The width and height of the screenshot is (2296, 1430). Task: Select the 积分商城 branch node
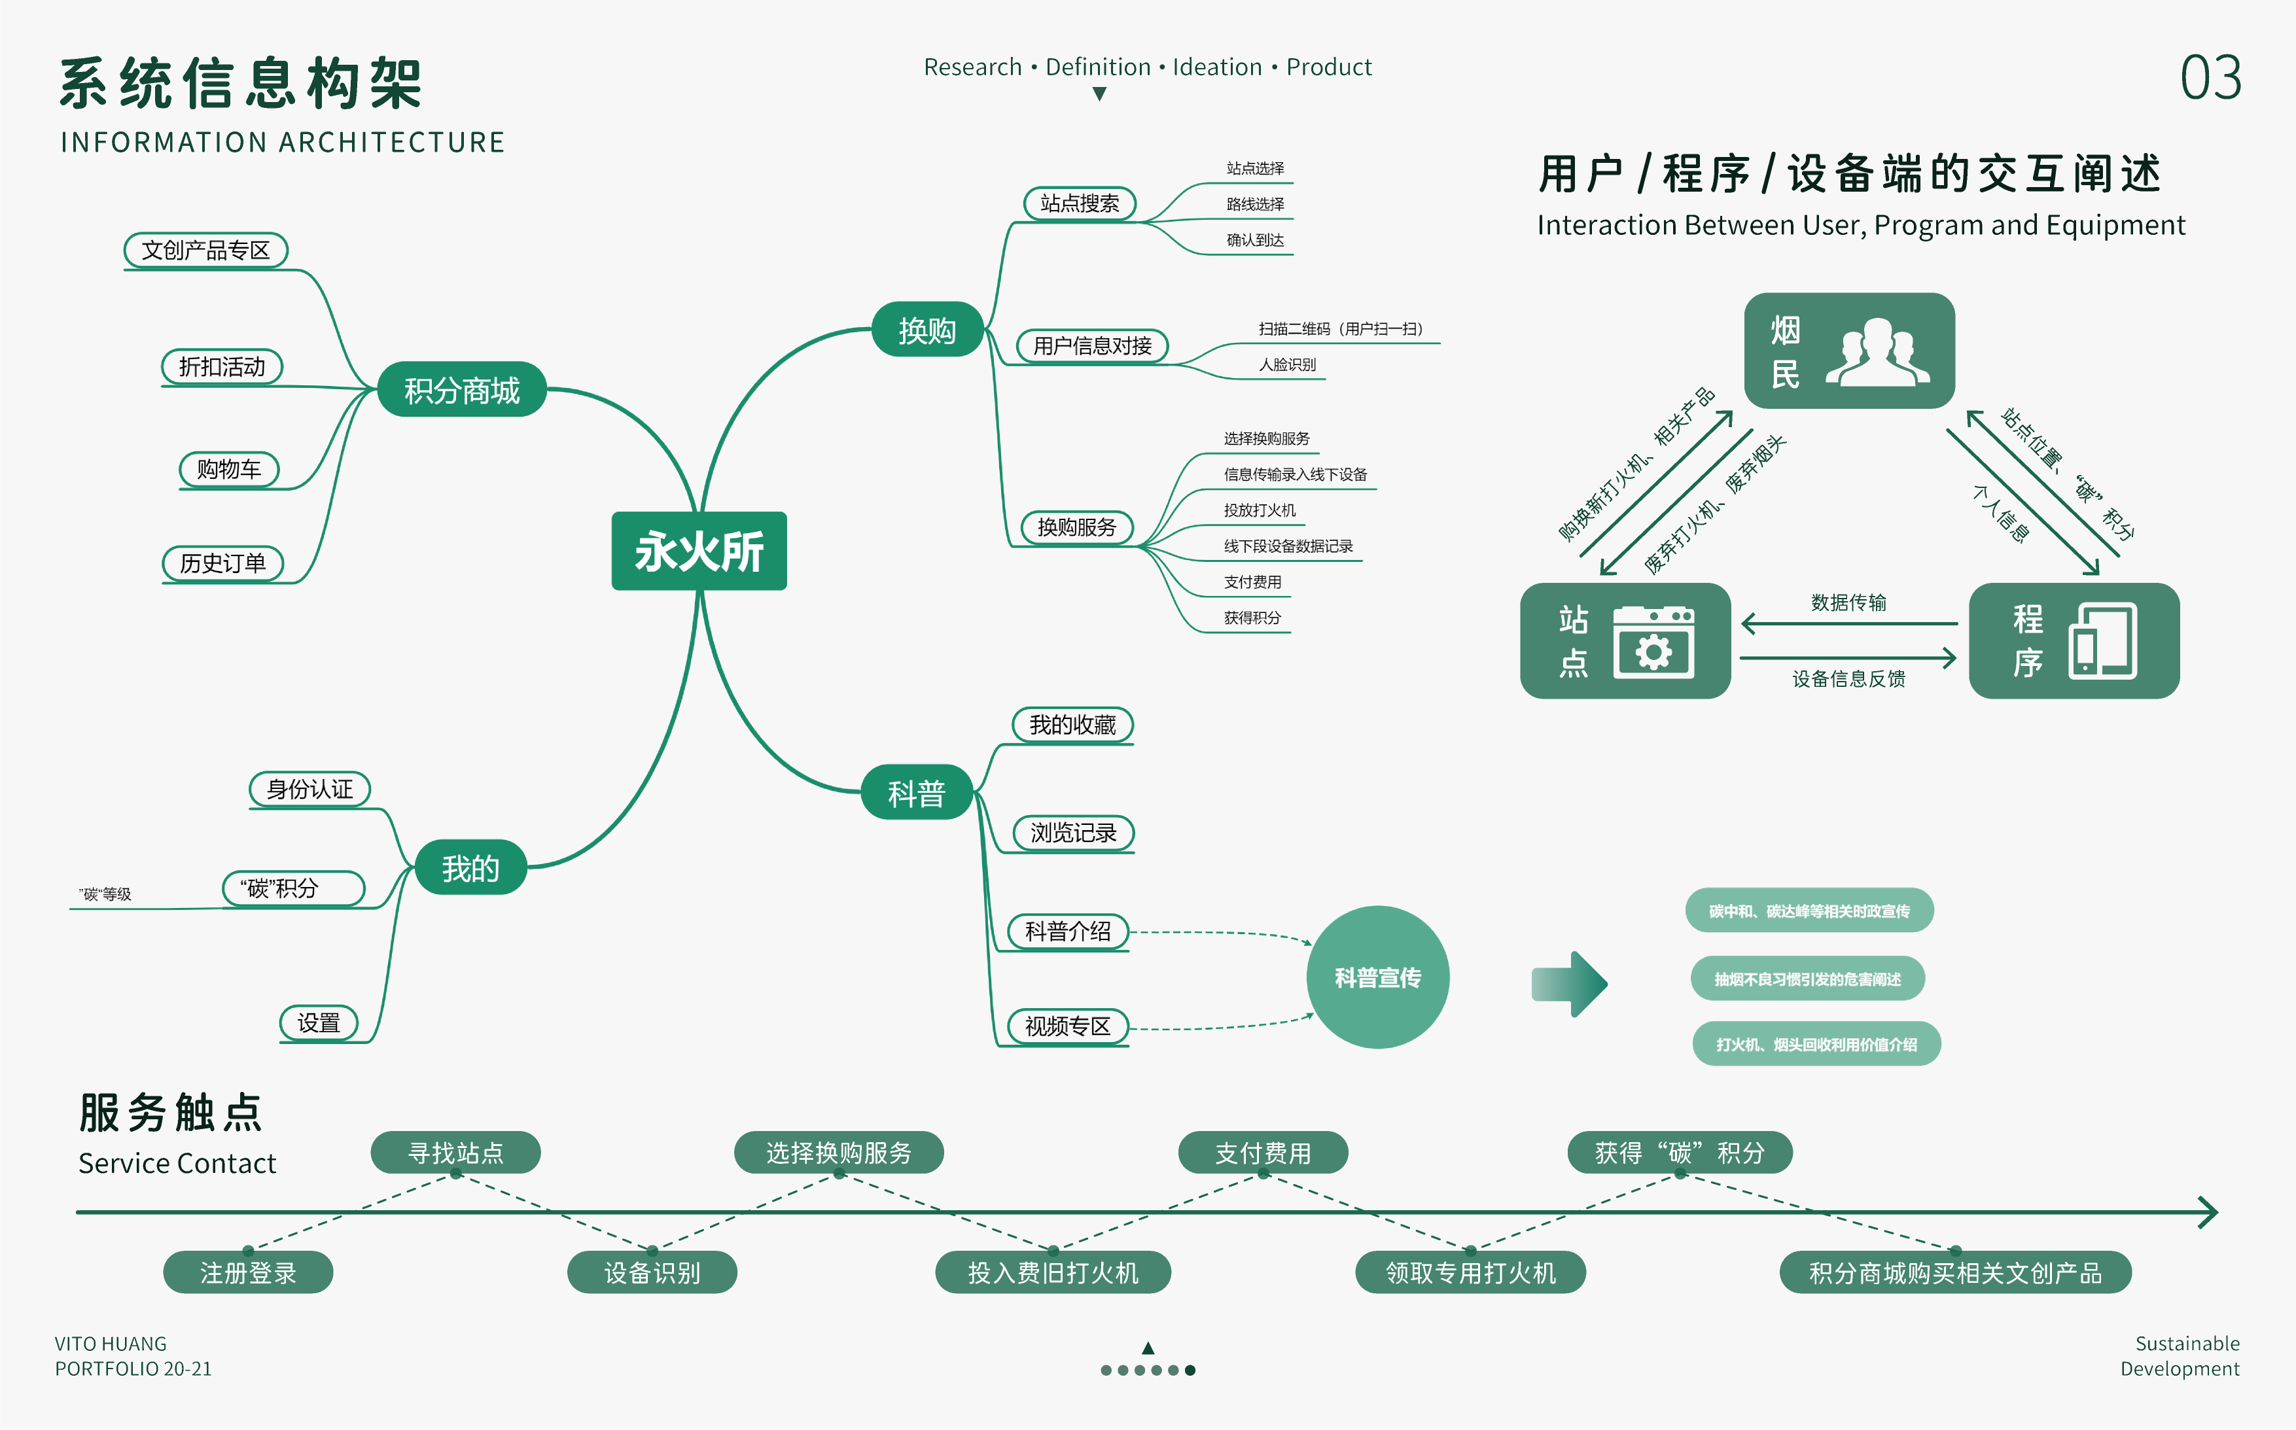pos(462,390)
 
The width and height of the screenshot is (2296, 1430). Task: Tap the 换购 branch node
pos(927,330)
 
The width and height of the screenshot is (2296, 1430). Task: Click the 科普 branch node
pos(916,793)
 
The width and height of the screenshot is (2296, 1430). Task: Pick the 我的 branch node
pos(470,867)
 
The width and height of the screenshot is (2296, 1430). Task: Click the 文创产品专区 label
pos(205,251)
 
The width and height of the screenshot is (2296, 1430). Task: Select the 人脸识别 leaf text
pos(1286,364)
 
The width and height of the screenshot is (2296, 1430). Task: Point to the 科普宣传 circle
pos(1377,977)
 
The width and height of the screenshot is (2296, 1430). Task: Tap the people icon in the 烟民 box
pos(1877,352)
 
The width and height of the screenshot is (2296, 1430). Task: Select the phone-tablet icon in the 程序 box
pos(2102,641)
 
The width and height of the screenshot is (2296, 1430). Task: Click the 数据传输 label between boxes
pos(1848,602)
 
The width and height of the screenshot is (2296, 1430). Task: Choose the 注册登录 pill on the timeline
pos(248,1272)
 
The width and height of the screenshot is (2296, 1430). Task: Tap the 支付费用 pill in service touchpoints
pos(1262,1153)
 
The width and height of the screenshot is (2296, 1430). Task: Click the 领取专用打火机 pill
pos(1470,1272)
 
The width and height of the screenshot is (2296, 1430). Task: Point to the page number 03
pos(2210,78)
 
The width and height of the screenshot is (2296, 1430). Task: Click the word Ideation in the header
pos(1216,67)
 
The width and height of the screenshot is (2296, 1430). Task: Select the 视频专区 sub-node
pos(1067,1026)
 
